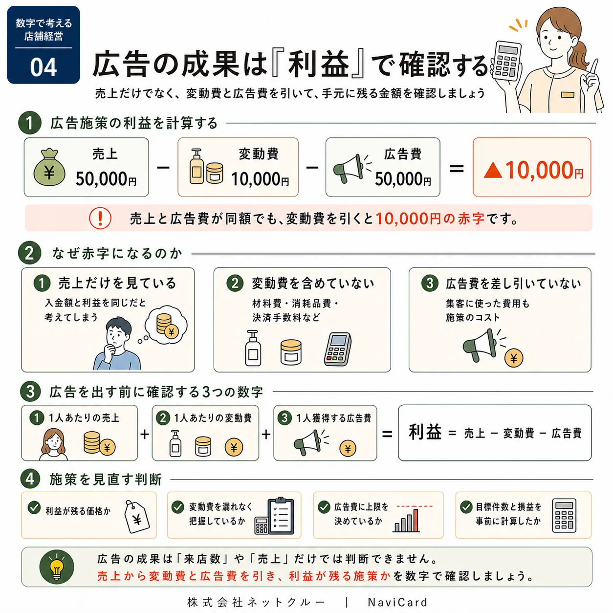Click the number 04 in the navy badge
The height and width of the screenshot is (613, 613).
point(44,67)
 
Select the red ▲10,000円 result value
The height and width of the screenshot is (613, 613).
point(533,170)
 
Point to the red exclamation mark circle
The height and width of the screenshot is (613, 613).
point(100,218)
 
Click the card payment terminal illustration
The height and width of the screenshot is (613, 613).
point(338,349)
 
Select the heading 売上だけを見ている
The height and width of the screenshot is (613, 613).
point(117,283)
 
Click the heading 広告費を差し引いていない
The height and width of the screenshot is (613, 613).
point(513,283)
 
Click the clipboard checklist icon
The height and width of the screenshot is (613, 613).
point(281,516)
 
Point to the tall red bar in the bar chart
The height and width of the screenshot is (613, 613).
point(416,520)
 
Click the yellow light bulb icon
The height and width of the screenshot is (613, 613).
point(57,567)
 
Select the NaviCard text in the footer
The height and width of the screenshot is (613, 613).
point(397,602)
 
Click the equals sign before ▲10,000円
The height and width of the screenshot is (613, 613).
point(457,168)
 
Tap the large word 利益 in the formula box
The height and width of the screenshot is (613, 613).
point(425,432)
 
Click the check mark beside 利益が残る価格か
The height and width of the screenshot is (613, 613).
point(34,507)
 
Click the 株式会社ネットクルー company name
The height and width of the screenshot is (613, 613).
point(257,602)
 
